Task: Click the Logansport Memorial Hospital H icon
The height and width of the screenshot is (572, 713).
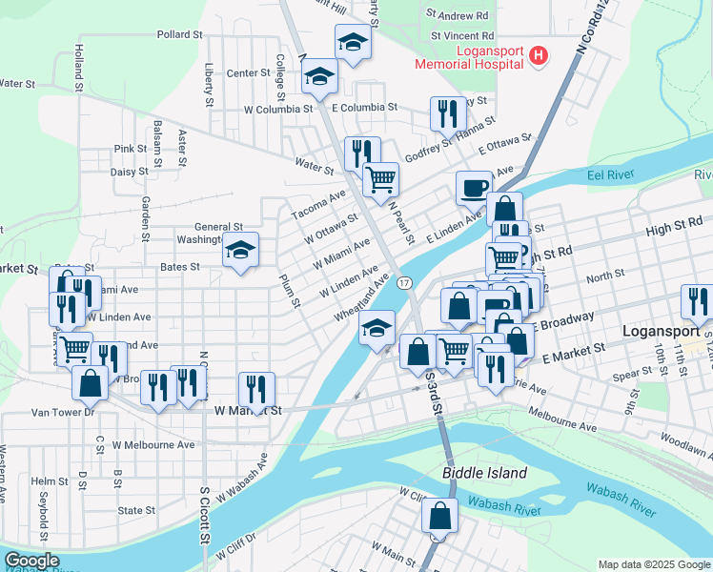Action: tap(539, 56)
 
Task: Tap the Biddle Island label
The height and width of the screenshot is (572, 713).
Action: tap(484, 473)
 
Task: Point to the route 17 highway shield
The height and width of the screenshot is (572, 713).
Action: tap(405, 283)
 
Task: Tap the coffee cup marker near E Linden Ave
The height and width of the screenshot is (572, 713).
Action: tap(474, 188)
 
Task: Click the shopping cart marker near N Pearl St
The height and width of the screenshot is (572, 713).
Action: tap(380, 177)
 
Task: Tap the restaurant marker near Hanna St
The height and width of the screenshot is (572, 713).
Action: tap(447, 113)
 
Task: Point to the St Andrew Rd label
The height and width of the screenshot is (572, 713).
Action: tap(458, 15)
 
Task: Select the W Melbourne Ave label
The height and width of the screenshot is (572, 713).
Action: tap(153, 444)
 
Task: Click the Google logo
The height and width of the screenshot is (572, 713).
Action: tap(31, 561)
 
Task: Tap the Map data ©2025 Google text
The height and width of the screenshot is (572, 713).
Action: tap(653, 564)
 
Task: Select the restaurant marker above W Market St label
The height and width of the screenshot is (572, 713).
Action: tap(256, 388)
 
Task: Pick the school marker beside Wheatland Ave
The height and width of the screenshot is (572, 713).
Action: tap(377, 328)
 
